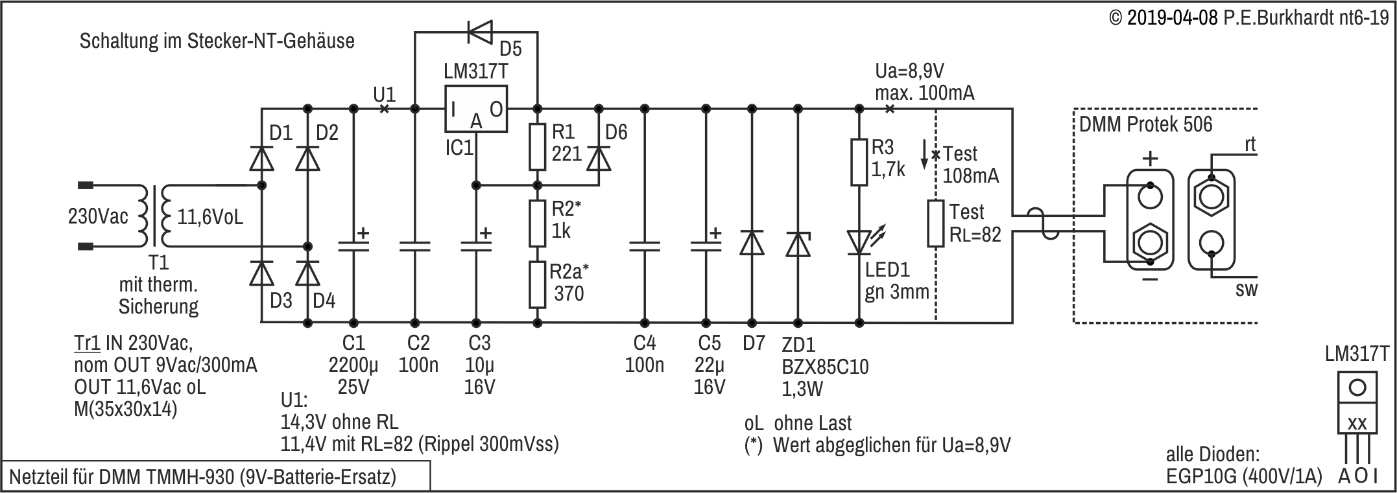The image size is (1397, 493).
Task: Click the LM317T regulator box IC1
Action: pyautogui.click(x=475, y=109)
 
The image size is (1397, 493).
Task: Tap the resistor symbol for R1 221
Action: pyautogui.click(x=537, y=146)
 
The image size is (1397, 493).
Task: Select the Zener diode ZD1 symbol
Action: pyautogui.click(x=797, y=245)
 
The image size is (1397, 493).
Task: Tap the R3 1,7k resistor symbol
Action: pyautogui.click(x=859, y=162)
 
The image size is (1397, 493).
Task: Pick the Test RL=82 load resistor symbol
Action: pyautogui.click(x=935, y=224)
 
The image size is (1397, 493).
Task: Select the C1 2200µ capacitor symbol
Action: pyautogui.click(x=353, y=245)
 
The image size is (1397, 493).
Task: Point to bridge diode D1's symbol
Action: pyautogui.click(x=261, y=157)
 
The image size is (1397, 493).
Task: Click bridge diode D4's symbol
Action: pyautogui.click(x=308, y=273)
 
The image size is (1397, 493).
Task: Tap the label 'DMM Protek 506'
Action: pyautogui.click(x=1145, y=124)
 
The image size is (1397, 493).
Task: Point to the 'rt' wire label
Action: pyautogui.click(x=1249, y=144)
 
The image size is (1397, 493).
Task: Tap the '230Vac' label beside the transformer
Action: pyautogui.click(x=99, y=216)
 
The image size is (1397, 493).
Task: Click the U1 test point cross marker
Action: pyautogui.click(x=384, y=109)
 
